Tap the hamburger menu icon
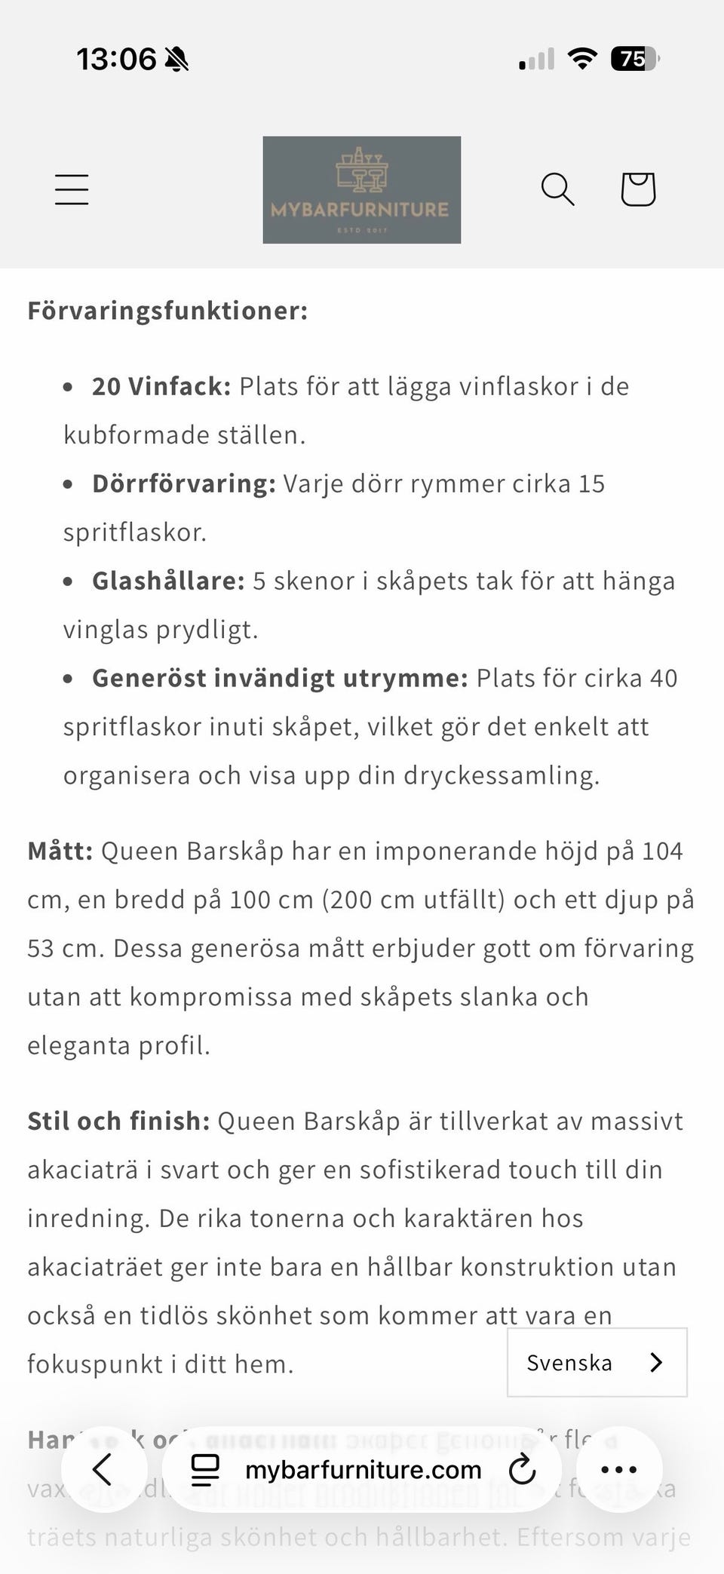coord(72,189)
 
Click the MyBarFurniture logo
coord(361,190)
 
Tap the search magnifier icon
coord(557,189)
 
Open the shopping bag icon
coord(638,189)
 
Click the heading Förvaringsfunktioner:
coord(167,311)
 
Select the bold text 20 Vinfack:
coord(161,386)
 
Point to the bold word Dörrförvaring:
coord(184,483)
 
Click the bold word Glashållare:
coord(168,581)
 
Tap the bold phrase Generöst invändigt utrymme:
coord(280,678)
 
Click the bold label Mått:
coord(60,851)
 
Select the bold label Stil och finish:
coord(118,1121)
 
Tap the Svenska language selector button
coord(597,1363)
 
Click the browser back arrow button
coord(103,1469)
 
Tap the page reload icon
coord(522,1469)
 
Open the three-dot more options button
coord(619,1469)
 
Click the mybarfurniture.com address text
coord(363,1469)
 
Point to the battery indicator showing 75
coord(634,59)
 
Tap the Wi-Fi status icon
coord(581,58)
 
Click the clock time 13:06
coord(116,59)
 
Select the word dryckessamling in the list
coord(501,775)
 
